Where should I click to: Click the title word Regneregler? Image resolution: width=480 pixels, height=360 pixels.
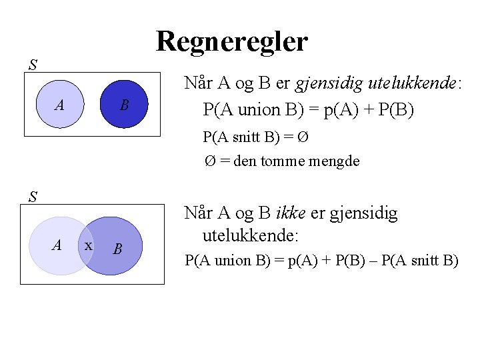(231, 41)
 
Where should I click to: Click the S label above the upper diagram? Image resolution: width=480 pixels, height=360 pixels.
(33, 65)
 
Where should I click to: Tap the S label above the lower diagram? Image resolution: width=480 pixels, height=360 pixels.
(33, 197)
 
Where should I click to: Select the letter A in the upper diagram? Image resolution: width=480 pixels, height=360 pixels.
(60, 105)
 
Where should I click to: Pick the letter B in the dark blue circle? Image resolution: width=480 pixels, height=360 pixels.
(124, 105)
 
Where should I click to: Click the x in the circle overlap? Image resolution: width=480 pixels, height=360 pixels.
(87, 245)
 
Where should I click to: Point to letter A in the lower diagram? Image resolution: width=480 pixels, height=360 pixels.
(57, 245)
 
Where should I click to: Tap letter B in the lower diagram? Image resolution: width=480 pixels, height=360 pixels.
(117, 249)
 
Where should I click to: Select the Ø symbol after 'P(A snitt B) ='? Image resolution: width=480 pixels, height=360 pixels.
(303, 137)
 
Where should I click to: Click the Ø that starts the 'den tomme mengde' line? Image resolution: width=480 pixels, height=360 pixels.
(210, 161)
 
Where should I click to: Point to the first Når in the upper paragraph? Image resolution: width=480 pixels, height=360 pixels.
(198, 83)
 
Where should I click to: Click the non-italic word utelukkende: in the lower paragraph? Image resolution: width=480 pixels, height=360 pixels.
(251, 235)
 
